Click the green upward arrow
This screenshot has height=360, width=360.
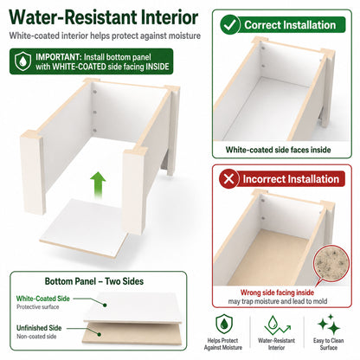(x=98, y=184)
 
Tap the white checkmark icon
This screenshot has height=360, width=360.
(x=230, y=25)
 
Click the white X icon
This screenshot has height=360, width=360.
(x=228, y=179)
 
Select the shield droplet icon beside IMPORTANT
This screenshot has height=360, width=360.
(x=22, y=61)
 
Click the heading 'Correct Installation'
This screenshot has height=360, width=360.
(x=290, y=25)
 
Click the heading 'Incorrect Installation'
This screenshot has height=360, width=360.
(x=291, y=179)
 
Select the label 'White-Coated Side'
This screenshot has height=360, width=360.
(x=43, y=299)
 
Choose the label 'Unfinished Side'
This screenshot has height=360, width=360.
(x=39, y=328)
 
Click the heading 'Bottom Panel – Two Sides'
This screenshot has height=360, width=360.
(x=94, y=281)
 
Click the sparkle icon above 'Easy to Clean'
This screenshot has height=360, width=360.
(x=329, y=325)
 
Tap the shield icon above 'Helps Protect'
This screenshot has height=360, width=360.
(x=224, y=325)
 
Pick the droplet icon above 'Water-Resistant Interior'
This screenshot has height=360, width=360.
(x=276, y=325)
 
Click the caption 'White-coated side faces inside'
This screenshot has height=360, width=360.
(x=278, y=150)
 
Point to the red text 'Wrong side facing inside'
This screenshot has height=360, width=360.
(x=277, y=292)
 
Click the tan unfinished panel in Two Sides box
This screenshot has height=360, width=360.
(x=132, y=335)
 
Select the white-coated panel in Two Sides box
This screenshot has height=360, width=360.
(x=134, y=307)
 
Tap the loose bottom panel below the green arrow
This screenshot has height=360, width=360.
(x=85, y=228)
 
